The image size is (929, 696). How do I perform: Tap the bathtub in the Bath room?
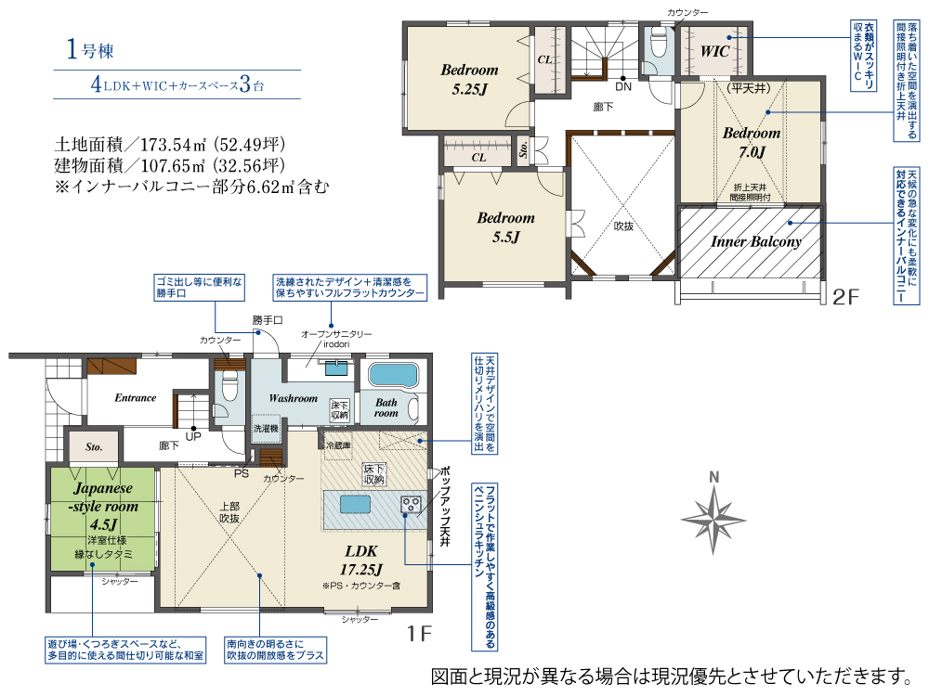tap(393, 375)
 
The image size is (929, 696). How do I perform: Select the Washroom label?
tap(294, 398)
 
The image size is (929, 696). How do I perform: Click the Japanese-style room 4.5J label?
tap(104, 506)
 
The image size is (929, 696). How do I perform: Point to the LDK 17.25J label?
tap(360, 560)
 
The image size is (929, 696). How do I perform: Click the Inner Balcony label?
tap(756, 241)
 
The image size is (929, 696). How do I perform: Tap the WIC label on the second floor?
tap(714, 51)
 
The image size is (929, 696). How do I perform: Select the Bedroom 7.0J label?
tap(752, 142)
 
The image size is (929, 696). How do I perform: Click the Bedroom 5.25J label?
tap(469, 79)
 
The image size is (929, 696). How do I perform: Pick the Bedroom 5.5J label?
tap(506, 227)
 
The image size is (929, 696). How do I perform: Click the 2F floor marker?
tap(845, 297)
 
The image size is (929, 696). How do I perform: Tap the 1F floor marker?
tap(420, 633)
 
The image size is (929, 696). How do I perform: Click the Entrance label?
tap(135, 398)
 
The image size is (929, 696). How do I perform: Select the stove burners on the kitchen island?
tap(411, 504)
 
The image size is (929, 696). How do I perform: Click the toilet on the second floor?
tap(659, 42)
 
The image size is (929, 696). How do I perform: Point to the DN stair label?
tap(623, 87)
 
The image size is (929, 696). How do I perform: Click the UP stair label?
tap(193, 437)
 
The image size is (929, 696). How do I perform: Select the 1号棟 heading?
tap(89, 49)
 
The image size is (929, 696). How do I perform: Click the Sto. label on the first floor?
tap(94, 447)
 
